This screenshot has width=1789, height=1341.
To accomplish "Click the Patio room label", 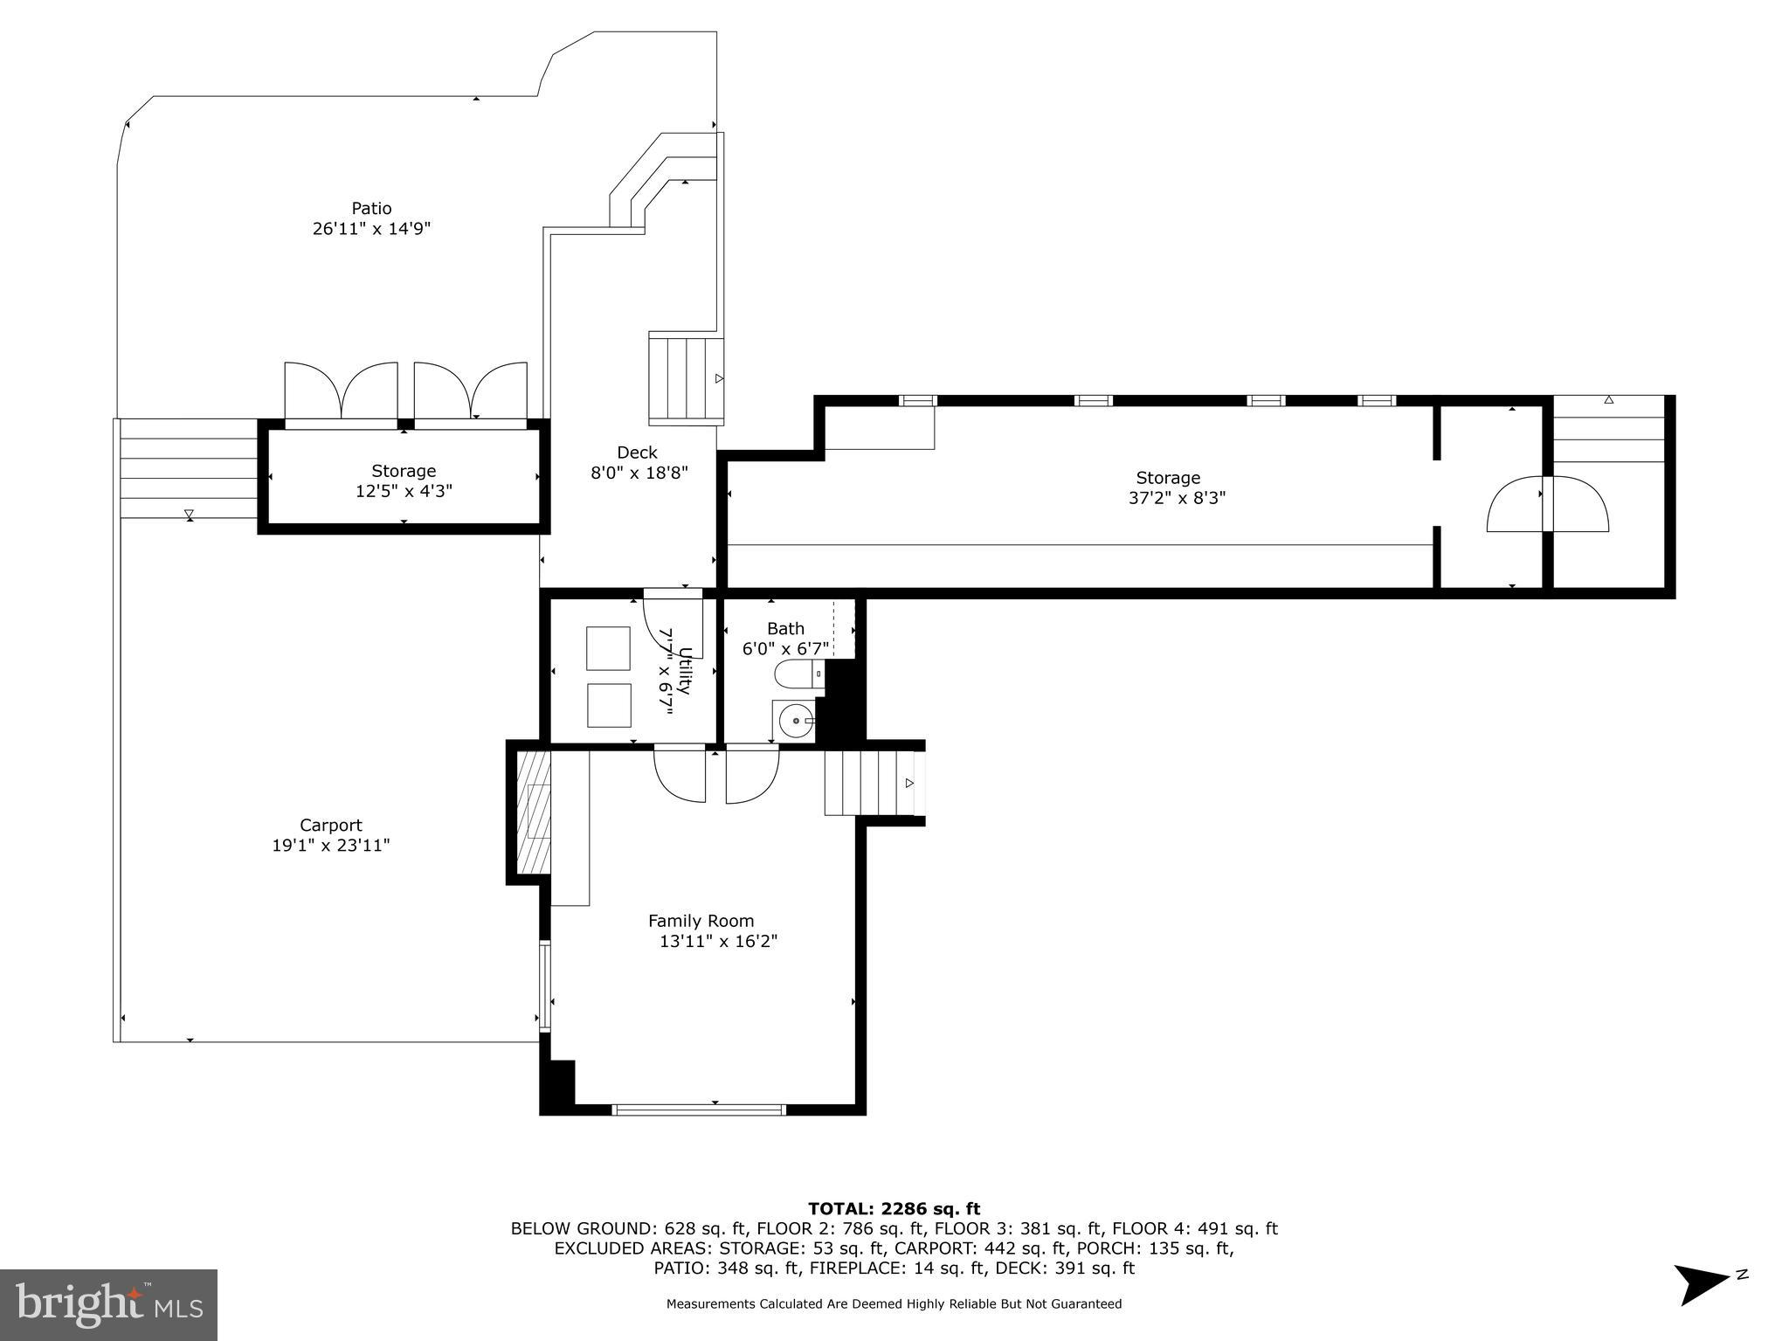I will pyautogui.click(x=371, y=208).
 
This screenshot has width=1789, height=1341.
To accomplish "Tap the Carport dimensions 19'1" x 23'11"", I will pyautogui.click(x=330, y=846).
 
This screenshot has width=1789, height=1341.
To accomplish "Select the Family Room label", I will pyautogui.click(x=701, y=921).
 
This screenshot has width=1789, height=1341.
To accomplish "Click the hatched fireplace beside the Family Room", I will pyautogui.click(x=533, y=812).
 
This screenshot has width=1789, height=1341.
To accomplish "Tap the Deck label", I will pyautogui.click(x=637, y=453).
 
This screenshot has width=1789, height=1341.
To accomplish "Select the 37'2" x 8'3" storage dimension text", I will pyautogui.click(x=1177, y=499).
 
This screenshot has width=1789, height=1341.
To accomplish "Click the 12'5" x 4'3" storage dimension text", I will pyautogui.click(x=403, y=492).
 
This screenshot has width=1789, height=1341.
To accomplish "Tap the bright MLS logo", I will pyautogui.click(x=108, y=1304).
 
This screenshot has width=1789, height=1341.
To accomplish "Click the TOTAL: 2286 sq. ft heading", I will pyautogui.click(x=894, y=1209).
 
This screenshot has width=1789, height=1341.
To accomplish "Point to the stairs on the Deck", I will pyautogui.click(x=687, y=378).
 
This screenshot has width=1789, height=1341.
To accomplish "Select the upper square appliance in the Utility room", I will pyautogui.click(x=608, y=648).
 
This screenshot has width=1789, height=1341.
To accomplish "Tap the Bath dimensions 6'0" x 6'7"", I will pyautogui.click(x=785, y=649).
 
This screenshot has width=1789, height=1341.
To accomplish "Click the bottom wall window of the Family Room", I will pyautogui.click(x=699, y=1109).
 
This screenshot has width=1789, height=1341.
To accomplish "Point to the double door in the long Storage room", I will pyautogui.click(x=1547, y=504).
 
